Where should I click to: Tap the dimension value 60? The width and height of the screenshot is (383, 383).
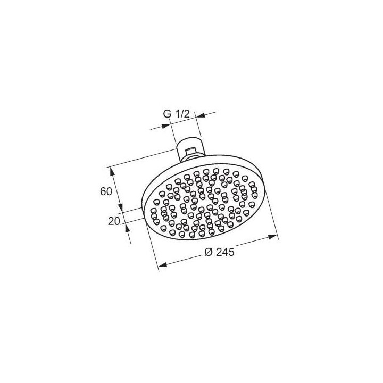(x=106, y=191)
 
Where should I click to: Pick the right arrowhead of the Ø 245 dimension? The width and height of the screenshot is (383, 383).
(x=274, y=235)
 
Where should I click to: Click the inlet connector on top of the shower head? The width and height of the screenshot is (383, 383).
(x=189, y=149)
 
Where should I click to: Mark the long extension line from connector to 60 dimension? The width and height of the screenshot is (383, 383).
(x=144, y=158)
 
